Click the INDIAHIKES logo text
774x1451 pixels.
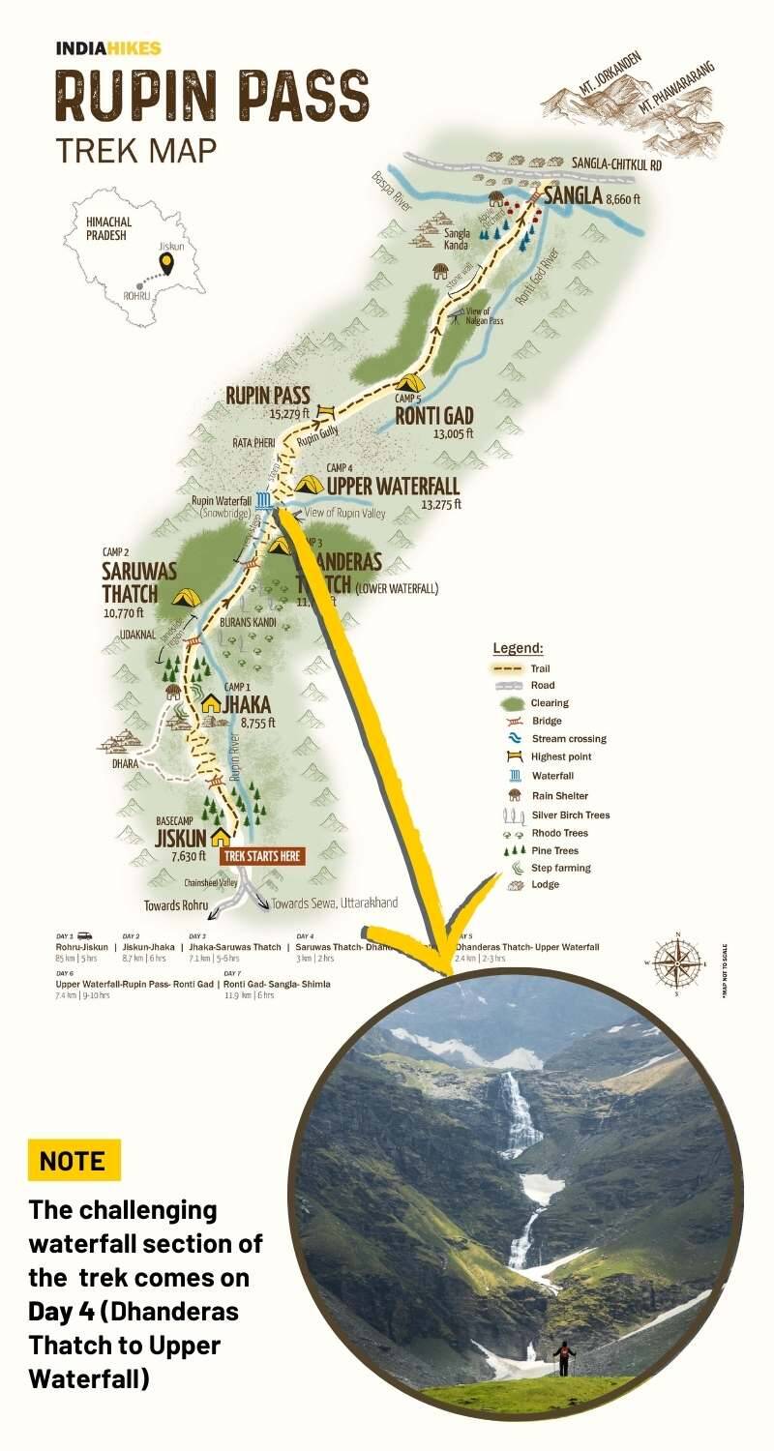(108, 48)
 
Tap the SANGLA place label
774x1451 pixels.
(573, 196)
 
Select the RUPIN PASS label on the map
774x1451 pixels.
(268, 395)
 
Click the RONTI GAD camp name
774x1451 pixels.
(433, 417)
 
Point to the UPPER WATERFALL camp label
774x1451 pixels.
(393, 486)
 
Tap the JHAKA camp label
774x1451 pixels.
(248, 704)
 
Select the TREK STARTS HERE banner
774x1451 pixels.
(263, 856)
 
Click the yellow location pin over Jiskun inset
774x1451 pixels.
(169, 261)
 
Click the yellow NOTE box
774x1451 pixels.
(74, 1160)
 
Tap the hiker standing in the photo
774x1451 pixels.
(563, 1356)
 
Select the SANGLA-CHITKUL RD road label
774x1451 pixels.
(616, 165)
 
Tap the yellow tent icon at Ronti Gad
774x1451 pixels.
(409, 382)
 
